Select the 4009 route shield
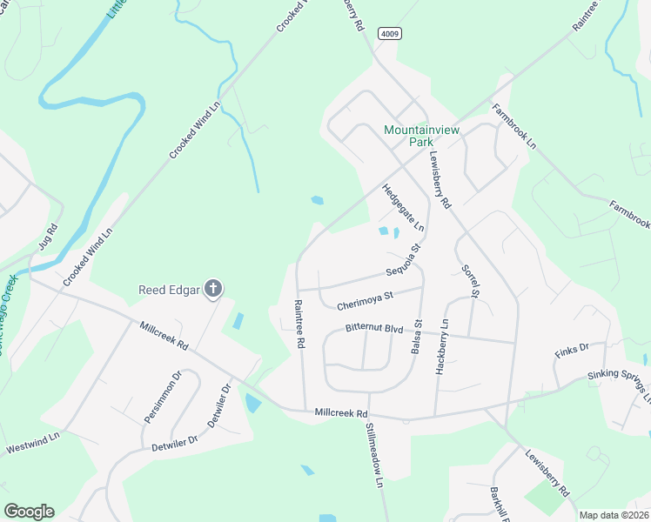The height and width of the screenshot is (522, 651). pyautogui.click(x=389, y=33)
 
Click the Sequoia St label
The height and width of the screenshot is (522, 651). pyautogui.click(x=404, y=260)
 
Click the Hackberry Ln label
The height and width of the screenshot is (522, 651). pyautogui.click(x=441, y=346)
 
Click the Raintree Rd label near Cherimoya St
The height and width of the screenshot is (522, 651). pyautogui.click(x=299, y=325)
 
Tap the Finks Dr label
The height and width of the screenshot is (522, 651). pyautogui.click(x=572, y=351)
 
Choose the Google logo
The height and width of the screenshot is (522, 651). pyautogui.click(x=29, y=511)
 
